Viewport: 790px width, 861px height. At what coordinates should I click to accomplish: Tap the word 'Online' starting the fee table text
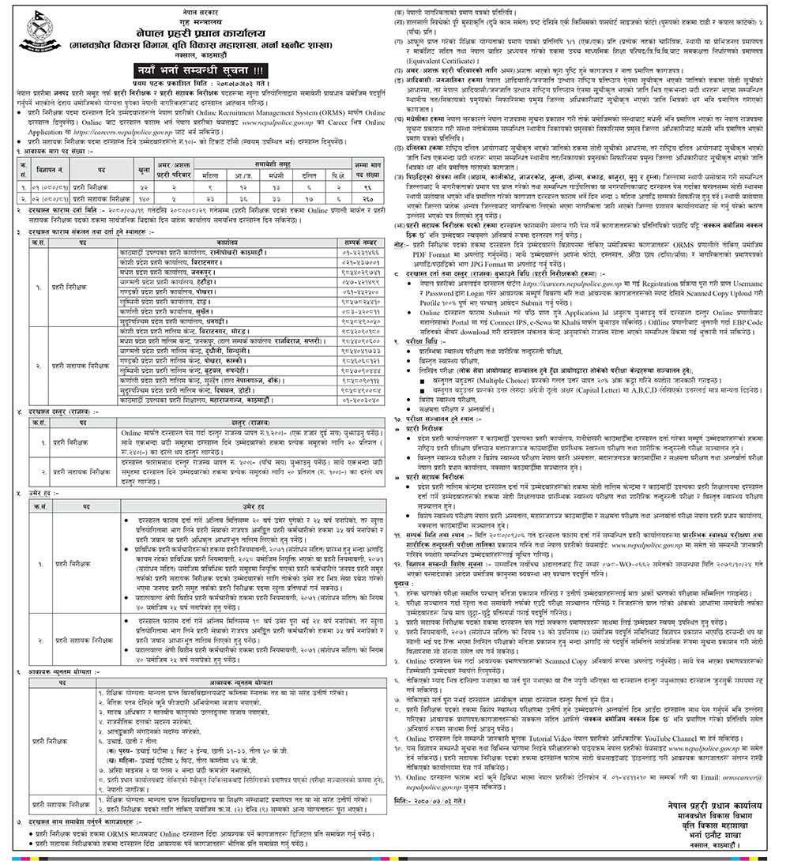coord(131,433)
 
